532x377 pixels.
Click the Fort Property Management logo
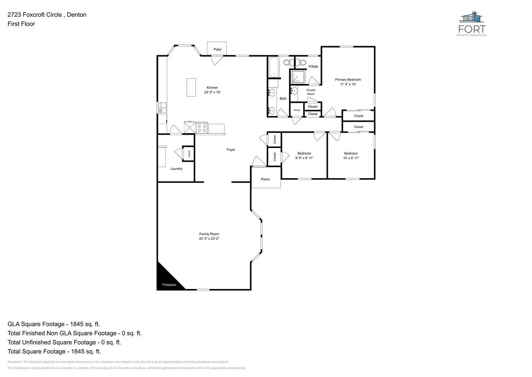[x=472, y=23]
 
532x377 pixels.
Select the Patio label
[x=217, y=49]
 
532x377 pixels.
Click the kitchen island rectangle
[x=191, y=87]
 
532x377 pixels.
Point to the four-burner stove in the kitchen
[x=202, y=127]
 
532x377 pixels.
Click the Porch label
[x=265, y=179]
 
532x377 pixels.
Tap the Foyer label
[x=231, y=149]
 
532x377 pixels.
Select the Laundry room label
[x=176, y=169]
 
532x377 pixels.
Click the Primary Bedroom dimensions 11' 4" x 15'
[x=348, y=84]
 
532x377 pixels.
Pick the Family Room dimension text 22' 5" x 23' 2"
[x=209, y=239]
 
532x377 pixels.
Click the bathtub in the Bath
[x=273, y=67]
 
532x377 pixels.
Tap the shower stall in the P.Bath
[x=298, y=77]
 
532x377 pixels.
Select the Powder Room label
[x=311, y=92]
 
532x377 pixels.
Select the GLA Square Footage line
[x=54, y=324]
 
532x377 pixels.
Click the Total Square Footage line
[x=54, y=351]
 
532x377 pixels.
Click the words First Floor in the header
[x=21, y=24]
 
